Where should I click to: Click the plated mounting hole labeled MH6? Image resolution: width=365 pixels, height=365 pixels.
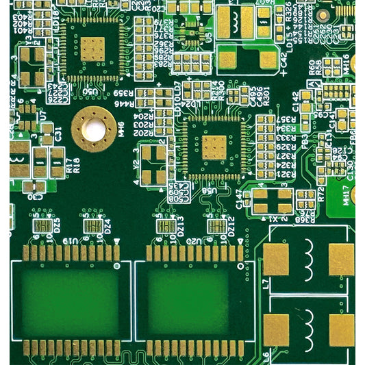[92, 129]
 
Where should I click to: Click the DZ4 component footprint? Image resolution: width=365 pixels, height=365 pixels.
[91, 225]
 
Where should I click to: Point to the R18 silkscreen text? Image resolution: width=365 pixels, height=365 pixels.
[75, 165]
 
